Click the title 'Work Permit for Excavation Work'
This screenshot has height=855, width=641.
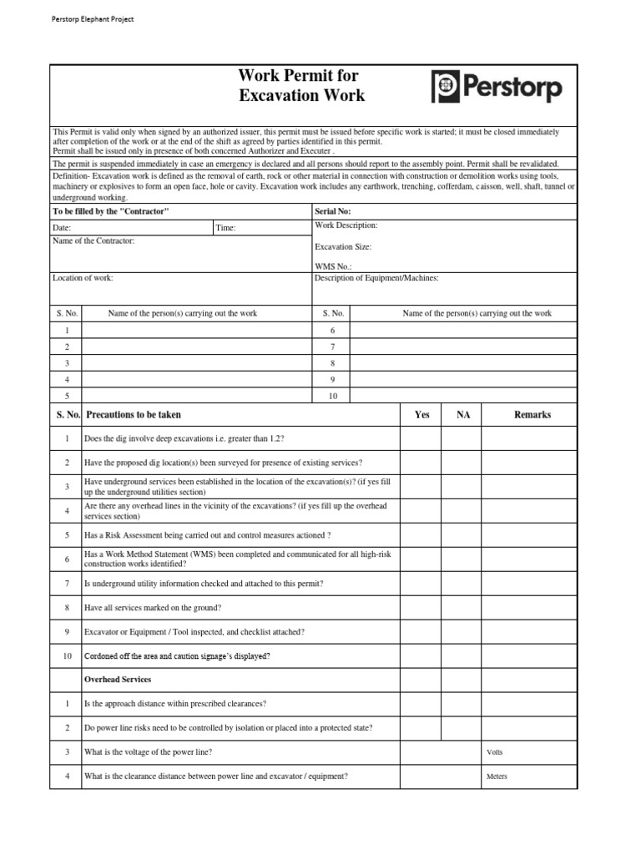[301, 87]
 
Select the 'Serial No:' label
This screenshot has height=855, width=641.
[332, 212]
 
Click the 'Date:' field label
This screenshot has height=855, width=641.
[62, 228]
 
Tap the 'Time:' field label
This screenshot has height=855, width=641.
[225, 228]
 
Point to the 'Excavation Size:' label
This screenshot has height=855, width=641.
[343, 246]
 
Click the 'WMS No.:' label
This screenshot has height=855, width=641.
[333, 266]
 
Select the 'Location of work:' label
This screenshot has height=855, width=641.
[83, 278]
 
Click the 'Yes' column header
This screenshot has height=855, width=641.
[421, 415]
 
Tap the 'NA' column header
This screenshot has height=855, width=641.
[463, 415]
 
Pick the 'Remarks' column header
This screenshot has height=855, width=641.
[532, 415]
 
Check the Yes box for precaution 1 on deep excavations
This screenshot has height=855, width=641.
[421, 438]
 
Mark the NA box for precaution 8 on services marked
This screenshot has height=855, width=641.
[463, 607]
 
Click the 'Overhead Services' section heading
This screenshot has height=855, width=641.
[118, 680]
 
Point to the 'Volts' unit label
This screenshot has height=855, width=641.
[495, 752]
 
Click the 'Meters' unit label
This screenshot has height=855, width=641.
[497, 777]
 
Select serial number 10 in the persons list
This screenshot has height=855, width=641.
[332, 396]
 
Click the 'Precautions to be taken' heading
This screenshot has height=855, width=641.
[133, 415]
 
